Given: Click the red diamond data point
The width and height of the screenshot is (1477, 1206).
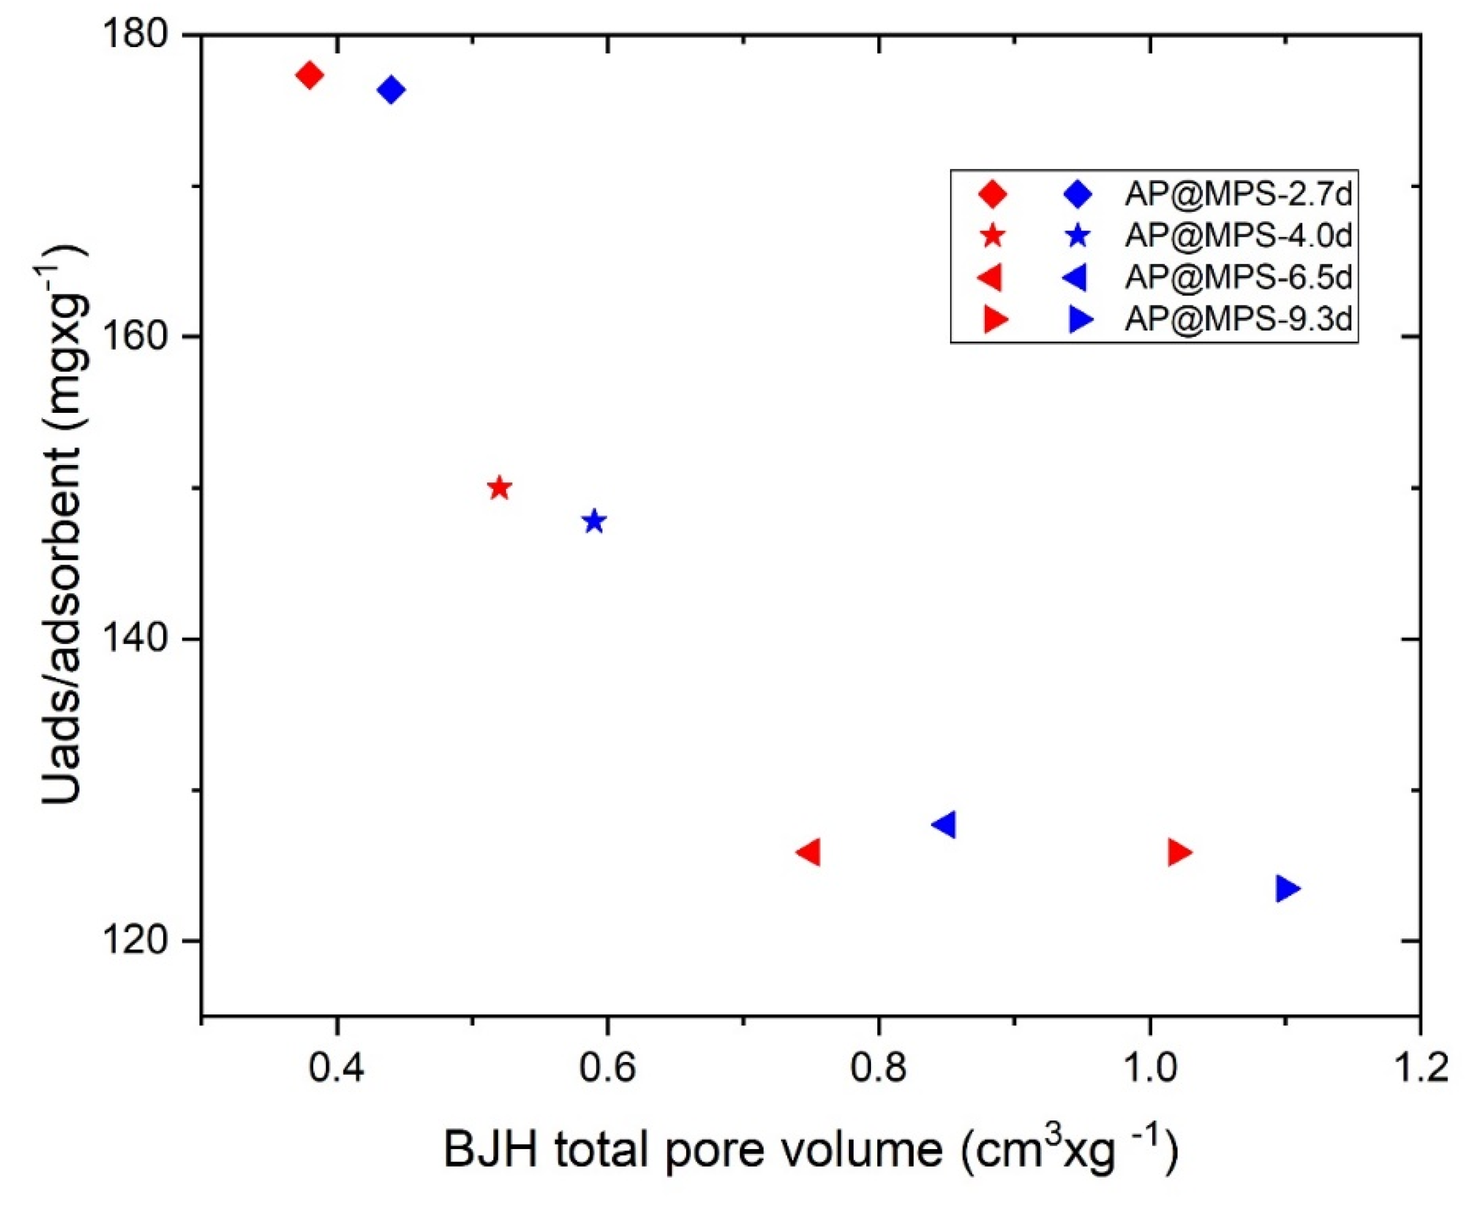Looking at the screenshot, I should coord(309,74).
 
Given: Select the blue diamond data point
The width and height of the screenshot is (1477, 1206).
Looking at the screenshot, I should coord(391,89).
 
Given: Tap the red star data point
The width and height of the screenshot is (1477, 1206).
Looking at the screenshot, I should coord(500,488).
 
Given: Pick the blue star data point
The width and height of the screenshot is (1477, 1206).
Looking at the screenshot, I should coord(594,521).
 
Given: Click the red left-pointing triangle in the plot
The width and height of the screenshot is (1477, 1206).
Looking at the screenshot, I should coord(809,852).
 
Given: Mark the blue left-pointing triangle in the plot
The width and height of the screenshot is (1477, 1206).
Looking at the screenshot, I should coord(945,825).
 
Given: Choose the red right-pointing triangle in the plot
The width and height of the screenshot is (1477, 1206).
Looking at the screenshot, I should coord(1179,852).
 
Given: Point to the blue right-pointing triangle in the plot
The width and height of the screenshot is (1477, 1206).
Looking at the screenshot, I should coord(1286,888).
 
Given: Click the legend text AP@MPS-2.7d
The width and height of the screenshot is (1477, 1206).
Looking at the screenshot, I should coord(1239,195).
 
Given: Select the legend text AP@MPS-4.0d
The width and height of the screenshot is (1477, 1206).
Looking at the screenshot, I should coord(1239,236).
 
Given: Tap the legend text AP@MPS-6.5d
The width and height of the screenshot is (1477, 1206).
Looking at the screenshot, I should coord(1239,277).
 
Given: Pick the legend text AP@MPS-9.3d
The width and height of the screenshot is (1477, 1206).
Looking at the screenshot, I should coord(1239,319).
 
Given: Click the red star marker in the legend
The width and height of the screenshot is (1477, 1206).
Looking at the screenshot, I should coord(993,236).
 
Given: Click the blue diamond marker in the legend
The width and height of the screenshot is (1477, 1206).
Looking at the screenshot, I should coord(1078,195).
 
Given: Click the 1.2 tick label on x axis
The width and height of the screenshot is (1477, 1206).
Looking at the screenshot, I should coord(1418,1068).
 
